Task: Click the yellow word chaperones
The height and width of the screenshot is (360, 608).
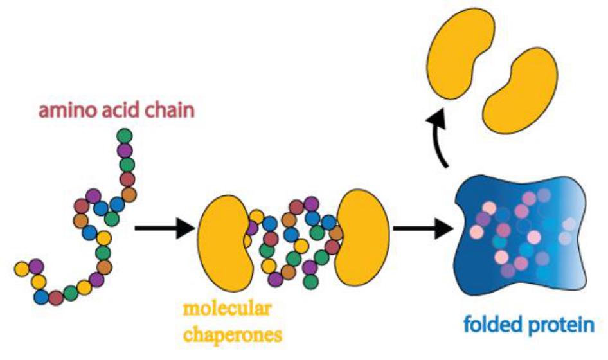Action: tap(233, 334)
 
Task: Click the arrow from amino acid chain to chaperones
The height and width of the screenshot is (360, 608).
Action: tap(163, 227)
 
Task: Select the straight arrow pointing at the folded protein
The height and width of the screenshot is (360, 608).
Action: tap(421, 227)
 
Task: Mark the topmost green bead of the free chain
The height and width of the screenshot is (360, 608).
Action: tap(125, 136)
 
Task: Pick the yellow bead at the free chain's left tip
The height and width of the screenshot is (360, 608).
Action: tap(21, 267)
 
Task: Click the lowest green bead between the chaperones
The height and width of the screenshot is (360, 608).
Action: tap(310, 282)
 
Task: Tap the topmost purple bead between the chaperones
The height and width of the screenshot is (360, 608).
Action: tap(311, 204)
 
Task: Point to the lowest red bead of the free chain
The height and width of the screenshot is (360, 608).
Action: tap(57, 298)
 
